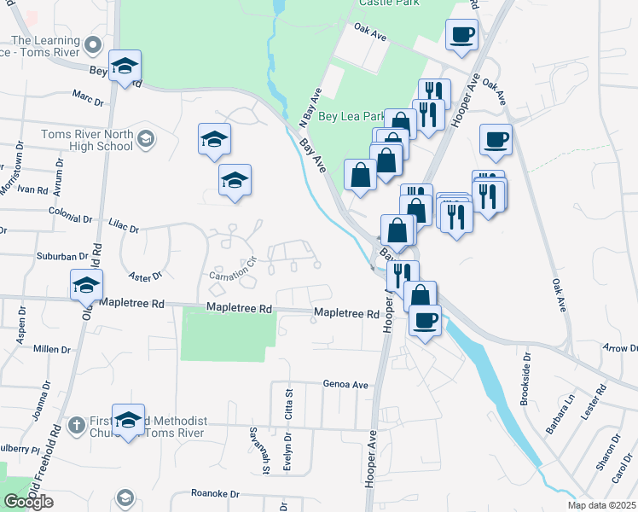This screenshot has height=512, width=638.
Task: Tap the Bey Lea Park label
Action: tap(351, 117)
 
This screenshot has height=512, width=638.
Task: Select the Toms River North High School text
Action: tap(86, 140)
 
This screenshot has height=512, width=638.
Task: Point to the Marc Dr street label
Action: tap(88, 98)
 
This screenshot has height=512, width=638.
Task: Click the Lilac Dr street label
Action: tap(124, 225)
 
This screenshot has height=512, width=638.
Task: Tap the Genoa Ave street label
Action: tap(345, 385)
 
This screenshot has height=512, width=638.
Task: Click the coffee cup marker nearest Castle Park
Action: tap(461, 36)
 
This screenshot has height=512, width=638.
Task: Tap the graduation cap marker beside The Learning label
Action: tap(125, 67)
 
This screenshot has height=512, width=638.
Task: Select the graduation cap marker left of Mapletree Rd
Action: tap(86, 286)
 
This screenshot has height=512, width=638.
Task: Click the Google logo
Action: tap(28, 502)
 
